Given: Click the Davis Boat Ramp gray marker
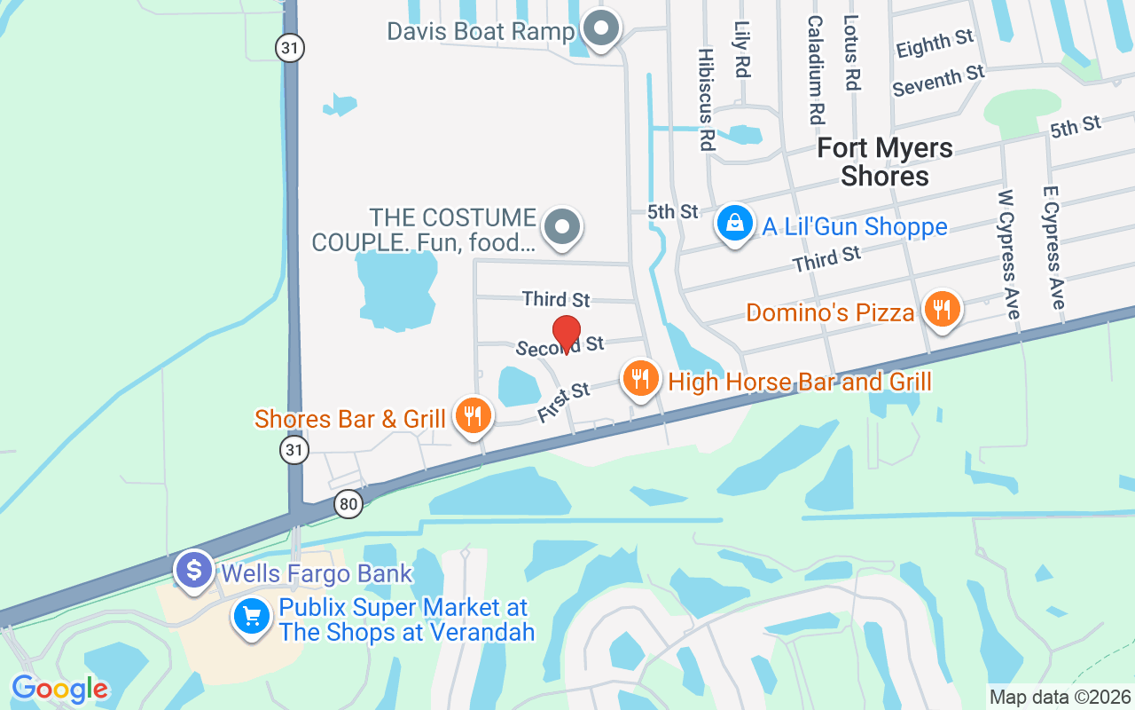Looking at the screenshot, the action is pyautogui.click(x=602, y=29).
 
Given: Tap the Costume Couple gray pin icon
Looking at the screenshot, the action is pyautogui.click(x=561, y=226).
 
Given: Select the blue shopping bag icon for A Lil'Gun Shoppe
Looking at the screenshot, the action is pyautogui.click(x=734, y=224).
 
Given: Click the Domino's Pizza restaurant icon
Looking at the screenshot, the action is pyautogui.click(x=942, y=310).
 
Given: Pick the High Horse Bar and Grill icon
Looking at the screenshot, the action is pyautogui.click(x=640, y=379).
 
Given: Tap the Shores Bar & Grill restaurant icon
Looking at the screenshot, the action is pyautogui.click(x=473, y=415).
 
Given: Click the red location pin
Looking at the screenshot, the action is pyautogui.click(x=567, y=334).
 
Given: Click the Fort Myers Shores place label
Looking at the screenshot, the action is pyautogui.click(x=884, y=162).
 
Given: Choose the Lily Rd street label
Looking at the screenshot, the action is pyautogui.click(x=743, y=50).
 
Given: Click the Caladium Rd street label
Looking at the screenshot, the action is pyautogui.click(x=816, y=69).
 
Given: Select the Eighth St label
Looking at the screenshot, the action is pyautogui.click(x=935, y=43).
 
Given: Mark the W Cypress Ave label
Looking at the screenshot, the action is pyautogui.click(x=1010, y=254).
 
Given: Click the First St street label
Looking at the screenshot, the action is pyautogui.click(x=564, y=402).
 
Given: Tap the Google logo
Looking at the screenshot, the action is pyautogui.click(x=59, y=689).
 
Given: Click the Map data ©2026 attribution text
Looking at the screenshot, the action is pyautogui.click(x=1061, y=697).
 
